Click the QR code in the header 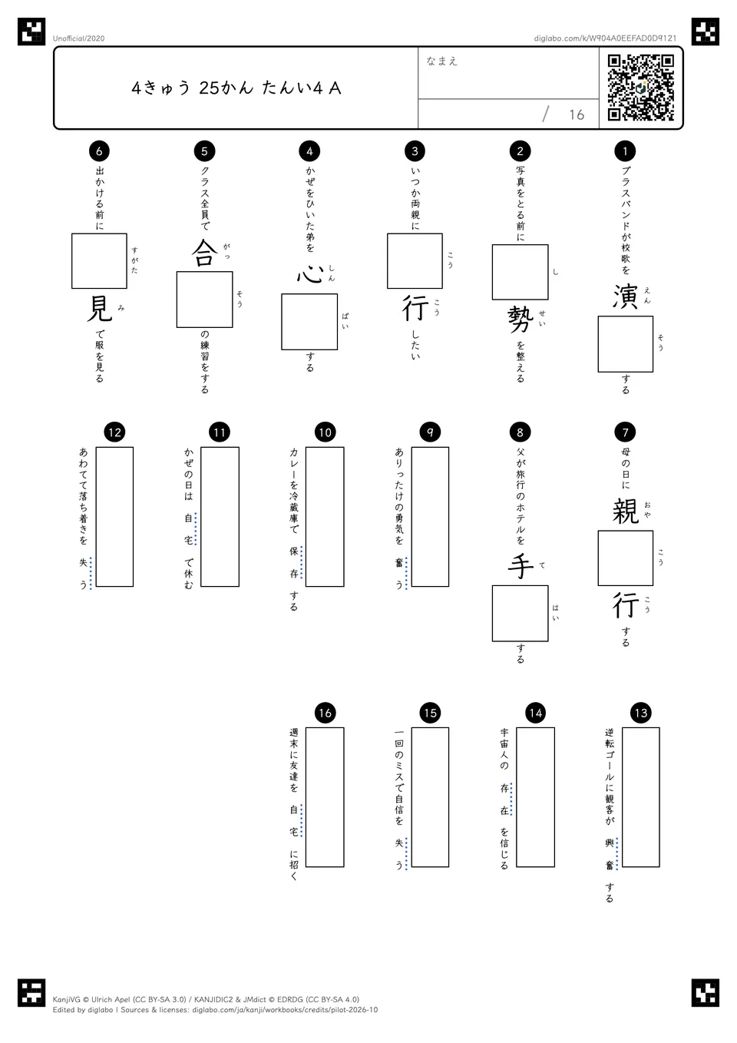[x=641, y=88]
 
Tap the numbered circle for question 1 [x=625, y=151]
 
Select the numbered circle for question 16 [x=325, y=713]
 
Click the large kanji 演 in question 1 [x=625, y=296]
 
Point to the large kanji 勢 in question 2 [x=521, y=320]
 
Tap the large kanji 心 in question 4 [x=309, y=274]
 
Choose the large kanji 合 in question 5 [x=204, y=253]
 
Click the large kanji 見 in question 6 [x=99, y=308]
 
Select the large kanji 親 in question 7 [x=625, y=511]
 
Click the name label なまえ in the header [x=441, y=61]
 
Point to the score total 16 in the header [x=577, y=114]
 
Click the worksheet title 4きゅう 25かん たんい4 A [x=236, y=88]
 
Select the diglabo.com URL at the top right [x=605, y=38]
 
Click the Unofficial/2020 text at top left [x=78, y=38]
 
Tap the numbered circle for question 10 [x=325, y=432]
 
